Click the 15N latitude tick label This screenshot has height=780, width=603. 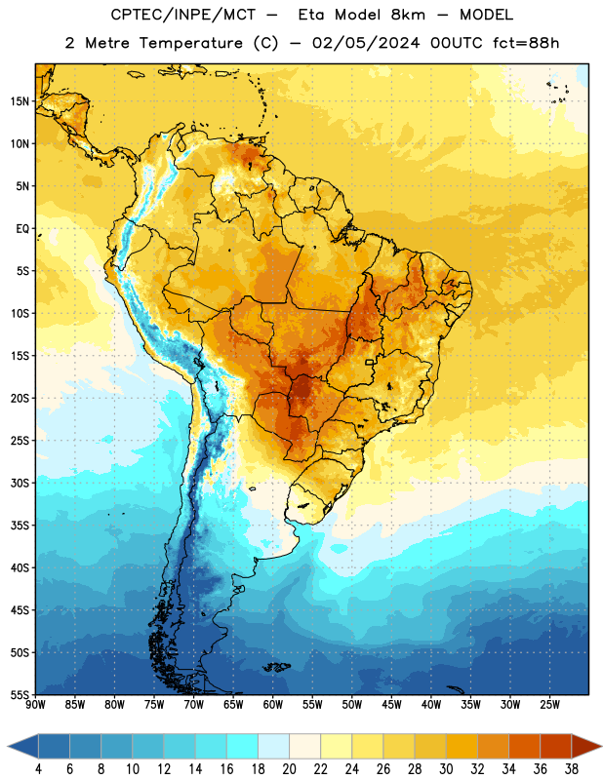(20, 101)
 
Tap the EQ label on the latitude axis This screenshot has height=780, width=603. (22, 229)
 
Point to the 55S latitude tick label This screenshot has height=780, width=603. (20, 694)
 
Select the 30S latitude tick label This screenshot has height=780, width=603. (20, 483)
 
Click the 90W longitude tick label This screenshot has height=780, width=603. (35, 705)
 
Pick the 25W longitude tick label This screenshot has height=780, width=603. (549, 705)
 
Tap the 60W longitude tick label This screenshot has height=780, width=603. (273, 705)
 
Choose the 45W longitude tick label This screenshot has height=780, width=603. (391, 705)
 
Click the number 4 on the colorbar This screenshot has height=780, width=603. (38, 769)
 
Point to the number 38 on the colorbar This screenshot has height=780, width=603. (571, 769)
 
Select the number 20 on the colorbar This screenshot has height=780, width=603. (289, 769)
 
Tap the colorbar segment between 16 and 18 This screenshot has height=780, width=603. (243, 746)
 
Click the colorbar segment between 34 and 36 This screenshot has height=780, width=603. (524, 746)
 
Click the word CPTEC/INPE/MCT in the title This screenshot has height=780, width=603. (182, 15)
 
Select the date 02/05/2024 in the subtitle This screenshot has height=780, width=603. (366, 43)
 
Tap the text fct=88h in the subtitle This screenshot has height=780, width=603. (526, 43)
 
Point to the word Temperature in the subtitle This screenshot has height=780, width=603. (190, 43)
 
